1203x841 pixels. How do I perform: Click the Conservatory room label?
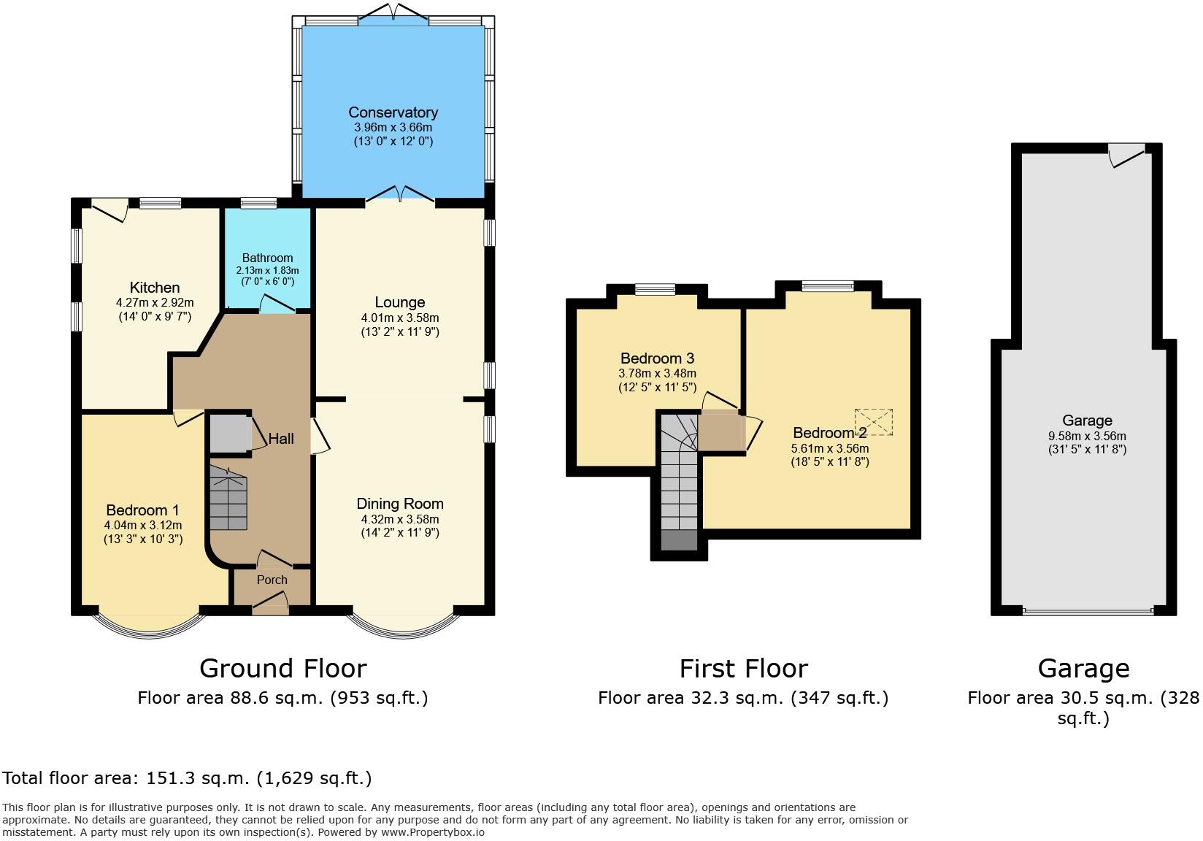pyautogui.click(x=393, y=112)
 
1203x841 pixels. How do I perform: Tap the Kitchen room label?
pyautogui.click(x=155, y=288)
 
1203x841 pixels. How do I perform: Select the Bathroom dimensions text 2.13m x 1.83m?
pyautogui.click(x=267, y=270)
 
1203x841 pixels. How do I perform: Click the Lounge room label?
pyautogui.click(x=399, y=302)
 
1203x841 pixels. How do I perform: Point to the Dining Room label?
pyautogui.click(x=399, y=504)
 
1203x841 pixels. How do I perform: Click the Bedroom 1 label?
pyautogui.click(x=142, y=510)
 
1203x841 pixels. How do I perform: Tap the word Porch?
pyautogui.click(x=272, y=580)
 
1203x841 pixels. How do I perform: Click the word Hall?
pyautogui.click(x=281, y=439)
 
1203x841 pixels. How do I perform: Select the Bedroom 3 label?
pyautogui.click(x=657, y=358)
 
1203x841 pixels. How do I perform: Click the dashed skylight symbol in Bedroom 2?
pyautogui.click(x=874, y=422)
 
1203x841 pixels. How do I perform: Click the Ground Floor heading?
pyautogui.click(x=283, y=668)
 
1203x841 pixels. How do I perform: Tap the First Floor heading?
pyautogui.click(x=743, y=668)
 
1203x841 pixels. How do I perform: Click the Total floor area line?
pyautogui.click(x=188, y=778)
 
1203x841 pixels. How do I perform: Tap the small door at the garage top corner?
pyautogui.click(x=1126, y=155)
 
